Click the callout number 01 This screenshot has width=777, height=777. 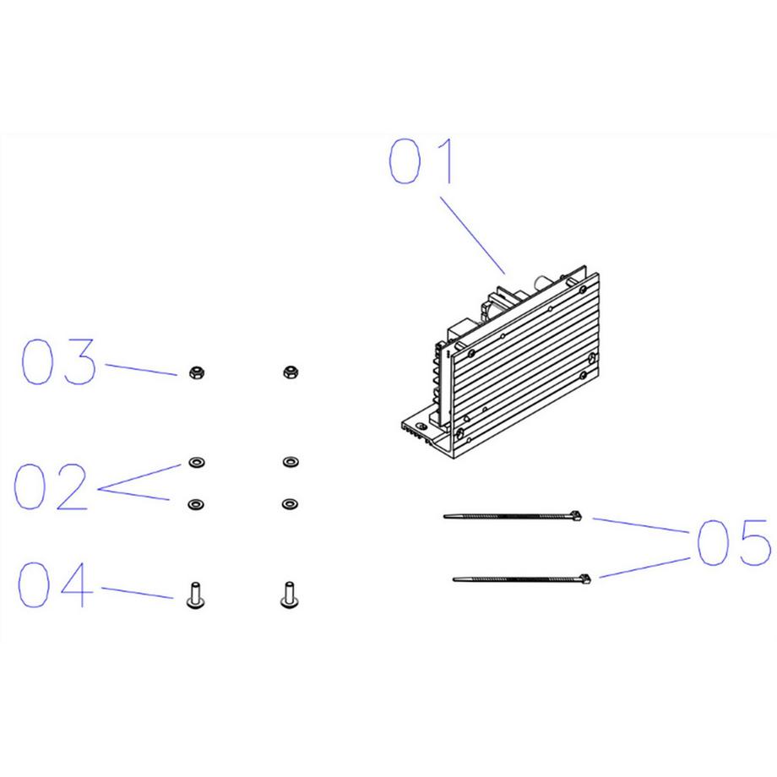coord(421,161)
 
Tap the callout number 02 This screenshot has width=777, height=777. coord(51,486)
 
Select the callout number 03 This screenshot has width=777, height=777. coord(58,361)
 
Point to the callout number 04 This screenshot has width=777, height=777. coord(56,584)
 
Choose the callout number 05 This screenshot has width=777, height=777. coord(734,542)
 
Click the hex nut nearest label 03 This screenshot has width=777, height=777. coord(197,372)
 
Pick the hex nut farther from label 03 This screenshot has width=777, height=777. coord(290,372)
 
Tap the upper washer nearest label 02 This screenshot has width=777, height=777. coord(197,462)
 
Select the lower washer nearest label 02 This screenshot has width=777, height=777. coord(196,504)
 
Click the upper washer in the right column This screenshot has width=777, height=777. coord(290,462)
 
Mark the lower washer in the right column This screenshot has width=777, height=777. coord(290,504)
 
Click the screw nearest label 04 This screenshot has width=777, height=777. coord(195,595)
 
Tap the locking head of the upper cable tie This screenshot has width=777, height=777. coord(575,516)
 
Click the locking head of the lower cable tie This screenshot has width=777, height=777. coord(584,579)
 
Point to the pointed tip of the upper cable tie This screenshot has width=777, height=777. coord(444,516)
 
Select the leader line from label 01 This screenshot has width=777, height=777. coord(473,236)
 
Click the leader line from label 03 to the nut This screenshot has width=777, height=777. coord(141,370)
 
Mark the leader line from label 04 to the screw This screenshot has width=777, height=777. coord(138,593)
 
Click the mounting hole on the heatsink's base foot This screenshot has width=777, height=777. coord(422,427)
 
